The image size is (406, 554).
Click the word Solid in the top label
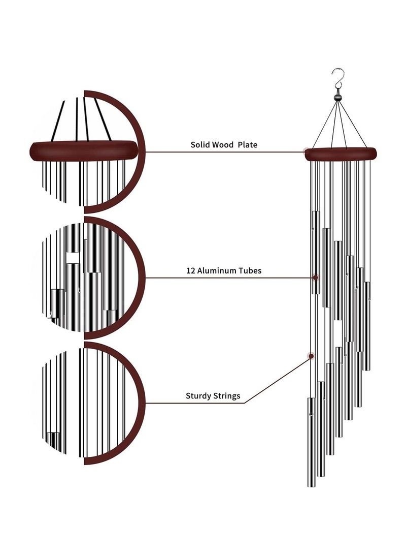coord(200,145)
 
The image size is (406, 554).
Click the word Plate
coord(248,145)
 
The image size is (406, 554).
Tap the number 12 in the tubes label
coord(191,271)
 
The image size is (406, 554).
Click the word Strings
coord(227,395)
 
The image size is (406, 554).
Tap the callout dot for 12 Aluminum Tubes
coord(316,278)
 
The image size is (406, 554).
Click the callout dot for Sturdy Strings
coord(311,355)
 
